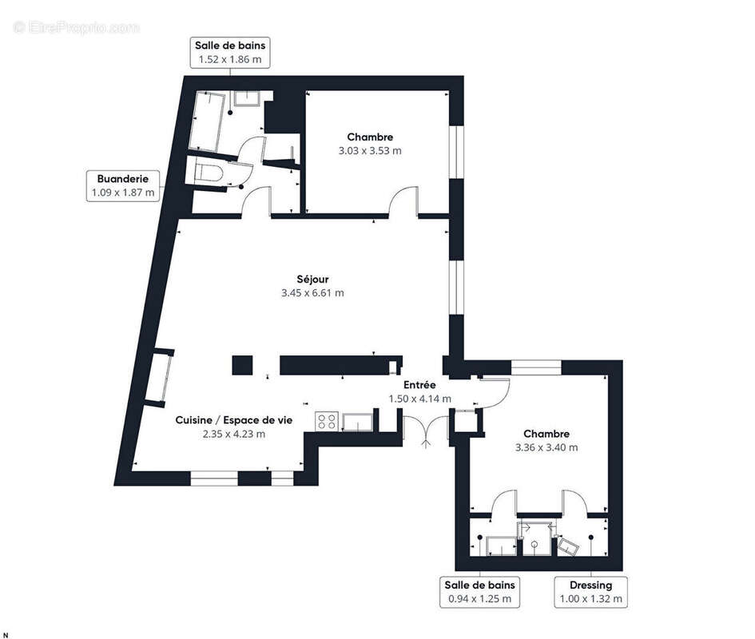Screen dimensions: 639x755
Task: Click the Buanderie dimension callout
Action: pos(123,185)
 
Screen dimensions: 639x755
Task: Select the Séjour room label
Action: pos(312,286)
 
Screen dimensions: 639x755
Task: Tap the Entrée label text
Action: pos(419,391)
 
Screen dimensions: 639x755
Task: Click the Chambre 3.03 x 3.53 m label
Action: pos(369,144)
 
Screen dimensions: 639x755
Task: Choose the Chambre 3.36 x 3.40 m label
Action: pos(546,440)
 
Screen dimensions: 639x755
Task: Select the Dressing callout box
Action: pos(591,592)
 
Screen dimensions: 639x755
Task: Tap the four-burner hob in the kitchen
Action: pos(326,421)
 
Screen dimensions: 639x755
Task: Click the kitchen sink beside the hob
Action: pos(356,420)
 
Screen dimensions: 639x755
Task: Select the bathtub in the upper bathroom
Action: pos(210,121)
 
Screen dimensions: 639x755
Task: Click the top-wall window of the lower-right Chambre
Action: pos(534,367)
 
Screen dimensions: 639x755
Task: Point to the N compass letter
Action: pos(6,634)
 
